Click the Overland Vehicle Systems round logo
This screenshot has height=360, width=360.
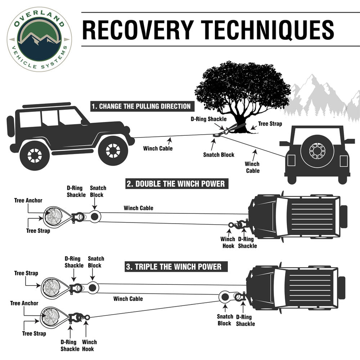tap(39, 39)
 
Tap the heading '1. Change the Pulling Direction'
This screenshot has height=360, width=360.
tap(141, 106)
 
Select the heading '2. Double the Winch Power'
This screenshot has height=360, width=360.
tap(176, 184)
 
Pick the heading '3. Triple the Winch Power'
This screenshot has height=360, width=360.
tap(174, 267)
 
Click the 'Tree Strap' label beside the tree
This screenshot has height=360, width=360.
tap(270, 124)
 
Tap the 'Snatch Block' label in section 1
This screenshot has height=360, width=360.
tap(219, 155)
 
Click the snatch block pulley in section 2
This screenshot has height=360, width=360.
tap(95, 217)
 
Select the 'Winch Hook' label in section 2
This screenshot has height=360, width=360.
tap(228, 242)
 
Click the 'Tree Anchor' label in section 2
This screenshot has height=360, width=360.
tap(28, 201)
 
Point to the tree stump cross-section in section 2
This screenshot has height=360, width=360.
tap(52, 216)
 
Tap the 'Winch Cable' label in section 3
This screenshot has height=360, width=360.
tap(128, 299)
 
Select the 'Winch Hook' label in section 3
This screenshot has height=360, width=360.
tap(89, 345)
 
